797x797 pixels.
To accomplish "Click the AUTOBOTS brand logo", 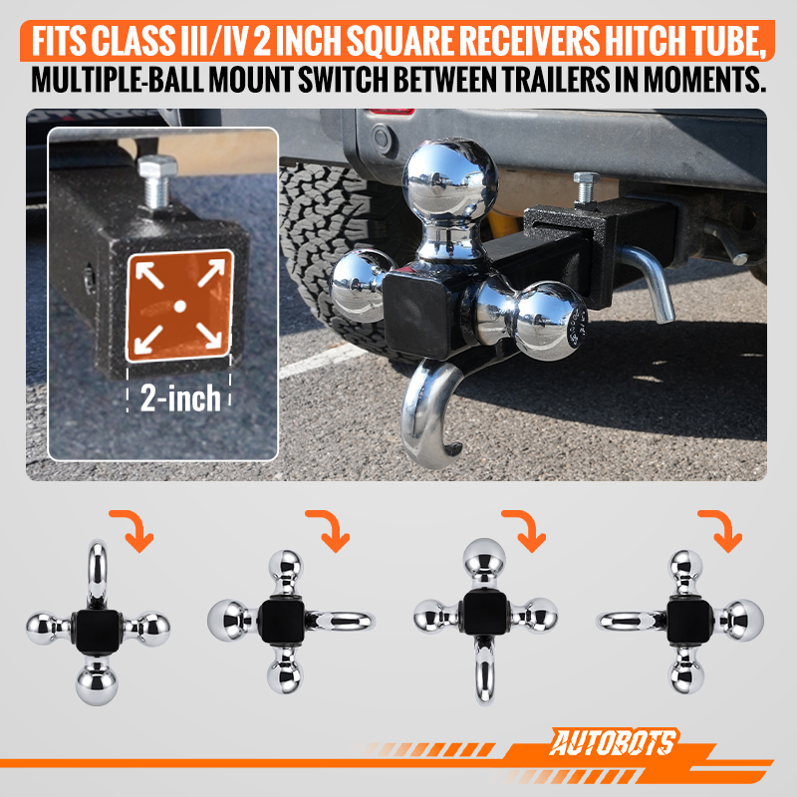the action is click(x=614, y=743).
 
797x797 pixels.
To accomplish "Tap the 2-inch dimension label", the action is click(x=180, y=398).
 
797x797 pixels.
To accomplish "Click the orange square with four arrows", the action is click(x=180, y=306).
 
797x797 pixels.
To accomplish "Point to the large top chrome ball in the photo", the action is click(x=450, y=180).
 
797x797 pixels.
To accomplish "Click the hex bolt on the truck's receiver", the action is click(x=587, y=187).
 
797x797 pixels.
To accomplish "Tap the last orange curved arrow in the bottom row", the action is click(x=721, y=530).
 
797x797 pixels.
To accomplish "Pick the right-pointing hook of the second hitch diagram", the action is click(x=341, y=621).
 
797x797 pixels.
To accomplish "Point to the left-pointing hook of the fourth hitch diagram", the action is click(x=631, y=621).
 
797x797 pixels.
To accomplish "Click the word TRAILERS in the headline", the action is click(x=556, y=80).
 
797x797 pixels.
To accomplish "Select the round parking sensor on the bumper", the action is click(x=383, y=137).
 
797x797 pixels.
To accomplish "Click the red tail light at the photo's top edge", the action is click(x=393, y=111).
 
